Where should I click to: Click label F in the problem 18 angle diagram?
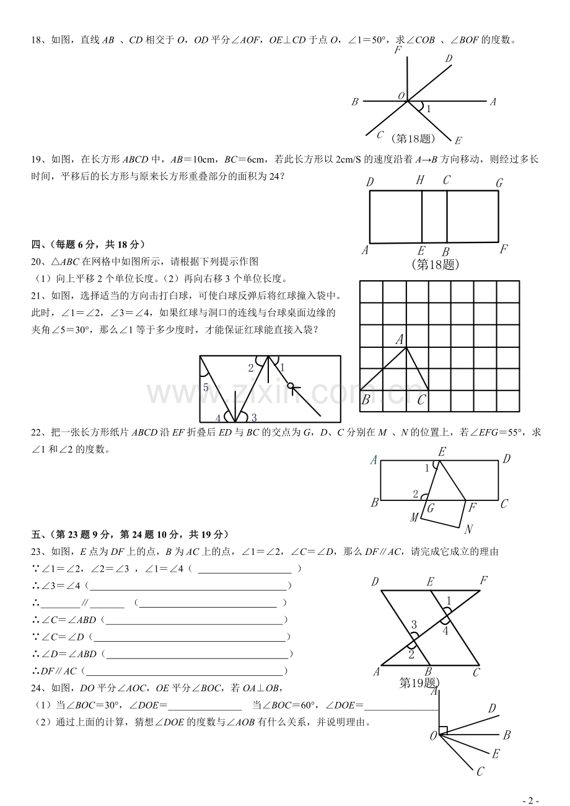pyautogui.click(x=398, y=50)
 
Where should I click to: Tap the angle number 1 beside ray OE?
pyautogui.click(x=428, y=108)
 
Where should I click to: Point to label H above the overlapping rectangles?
pyautogui.click(x=420, y=180)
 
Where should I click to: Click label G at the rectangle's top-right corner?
pyautogui.click(x=499, y=182)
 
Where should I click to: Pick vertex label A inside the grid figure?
pyautogui.click(x=400, y=339)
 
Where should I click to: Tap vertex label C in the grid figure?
pyautogui.click(x=421, y=401)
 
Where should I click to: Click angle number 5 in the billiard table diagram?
pyautogui.click(x=206, y=387)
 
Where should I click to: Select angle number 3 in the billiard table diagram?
pyautogui.click(x=254, y=417)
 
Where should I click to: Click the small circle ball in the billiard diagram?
pyautogui.click(x=290, y=386)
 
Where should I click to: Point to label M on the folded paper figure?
pyautogui.click(x=414, y=518)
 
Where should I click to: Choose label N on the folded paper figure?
pyautogui.click(x=468, y=529)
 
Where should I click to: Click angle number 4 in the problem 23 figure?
pyautogui.click(x=445, y=631)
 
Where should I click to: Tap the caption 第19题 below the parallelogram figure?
pyautogui.click(x=418, y=683)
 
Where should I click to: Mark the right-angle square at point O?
pyautogui.click(x=442, y=730)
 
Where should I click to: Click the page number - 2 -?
pyautogui.click(x=531, y=800)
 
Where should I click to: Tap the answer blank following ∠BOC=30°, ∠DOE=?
pyautogui.click(x=204, y=705)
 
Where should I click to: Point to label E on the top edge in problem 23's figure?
pyautogui.click(x=430, y=582)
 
